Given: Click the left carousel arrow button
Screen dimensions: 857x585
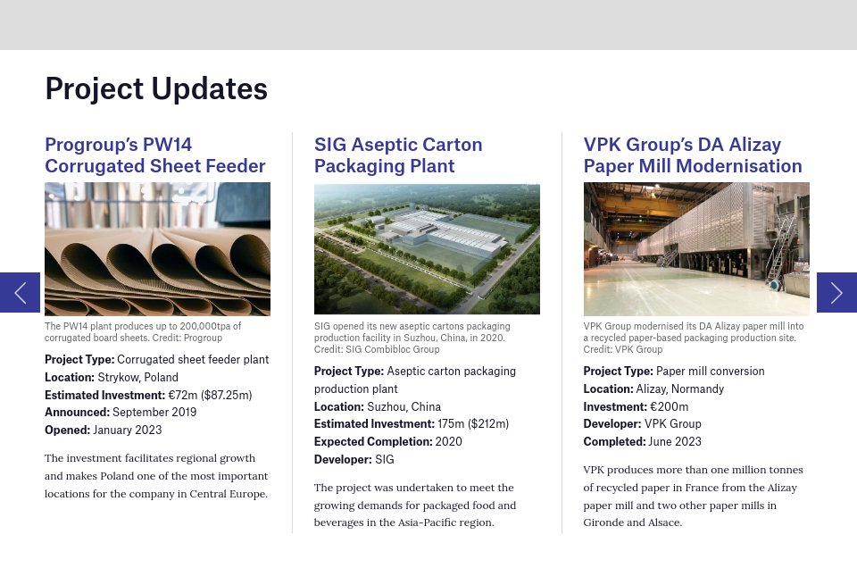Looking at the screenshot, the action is (20, 293).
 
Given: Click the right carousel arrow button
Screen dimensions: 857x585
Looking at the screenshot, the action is (836, 293).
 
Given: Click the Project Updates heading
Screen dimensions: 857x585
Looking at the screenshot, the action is (156, 89).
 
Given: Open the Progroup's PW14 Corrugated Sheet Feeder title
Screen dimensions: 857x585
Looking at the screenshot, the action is (155, 155).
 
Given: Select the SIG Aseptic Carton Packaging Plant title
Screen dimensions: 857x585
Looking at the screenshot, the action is (398, 155).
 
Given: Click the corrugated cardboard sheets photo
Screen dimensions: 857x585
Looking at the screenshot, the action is (157, 249).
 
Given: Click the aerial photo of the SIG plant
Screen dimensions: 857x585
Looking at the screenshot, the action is (427, 249).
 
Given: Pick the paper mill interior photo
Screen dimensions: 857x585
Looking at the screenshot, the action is (696, 249).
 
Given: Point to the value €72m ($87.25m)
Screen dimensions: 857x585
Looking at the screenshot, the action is (210, 396).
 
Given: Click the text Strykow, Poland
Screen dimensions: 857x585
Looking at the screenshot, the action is (137, 377).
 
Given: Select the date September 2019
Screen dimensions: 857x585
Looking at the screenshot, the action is (154, 413).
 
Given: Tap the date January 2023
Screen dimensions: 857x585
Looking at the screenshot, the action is (128, 430).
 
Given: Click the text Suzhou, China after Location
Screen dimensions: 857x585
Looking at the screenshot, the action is (404, 406).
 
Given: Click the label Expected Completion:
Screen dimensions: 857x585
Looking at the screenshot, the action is (373, 442).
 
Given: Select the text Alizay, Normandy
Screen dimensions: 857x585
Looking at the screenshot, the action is (680, 389).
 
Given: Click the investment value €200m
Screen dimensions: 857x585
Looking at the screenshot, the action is (669, 406).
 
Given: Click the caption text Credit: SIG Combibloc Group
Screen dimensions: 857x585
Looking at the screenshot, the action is (377, 349).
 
